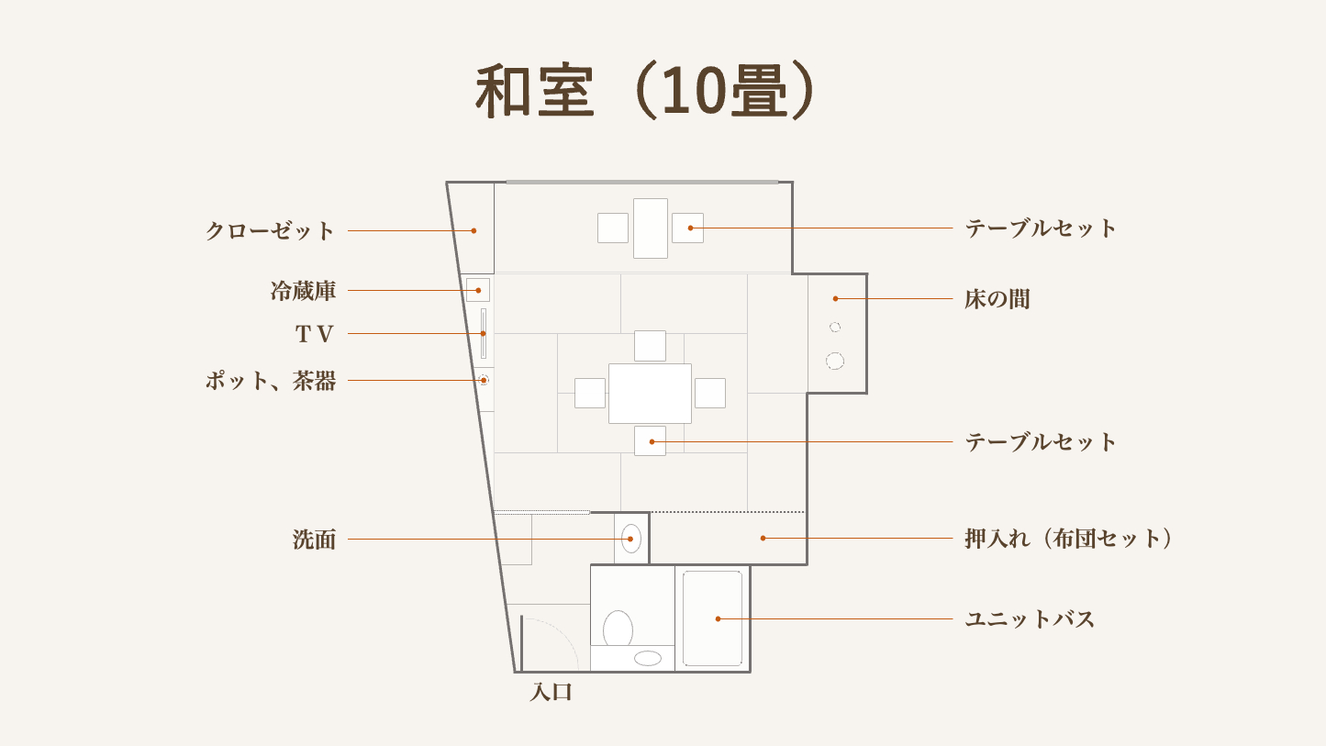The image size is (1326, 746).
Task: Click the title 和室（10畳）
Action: (x=646, y=91)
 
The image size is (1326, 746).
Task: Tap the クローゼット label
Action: (x=271, y=231)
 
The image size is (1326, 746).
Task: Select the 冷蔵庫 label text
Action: (x=303, y=291)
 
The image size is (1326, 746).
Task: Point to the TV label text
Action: (x=315, y=334)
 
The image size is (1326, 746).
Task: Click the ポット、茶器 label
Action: (x=271, y=381)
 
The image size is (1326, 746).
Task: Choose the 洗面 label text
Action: (x=315, y=540)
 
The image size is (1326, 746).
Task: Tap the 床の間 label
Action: (x=997, y=299)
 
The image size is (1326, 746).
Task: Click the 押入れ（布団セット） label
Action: (x=1068, y=539)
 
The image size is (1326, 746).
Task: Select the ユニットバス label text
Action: (x=1030, y=619)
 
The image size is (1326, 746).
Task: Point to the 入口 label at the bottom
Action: (x=552, y=692)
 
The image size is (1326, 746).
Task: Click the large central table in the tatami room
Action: (x=650, y=394)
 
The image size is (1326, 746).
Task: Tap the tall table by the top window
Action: (x=651, y=228)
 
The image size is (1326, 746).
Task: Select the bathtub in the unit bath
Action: (x=712, y=618)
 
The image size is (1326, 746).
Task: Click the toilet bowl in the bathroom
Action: (x=618, y=629)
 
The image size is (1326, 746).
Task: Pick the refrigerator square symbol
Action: (x=478, y=290)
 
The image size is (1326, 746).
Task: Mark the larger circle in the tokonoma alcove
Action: (x=835, y=361)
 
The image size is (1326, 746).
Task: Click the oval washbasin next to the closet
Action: (x=631, y=539)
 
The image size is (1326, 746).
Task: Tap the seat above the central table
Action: (x=650, y=346)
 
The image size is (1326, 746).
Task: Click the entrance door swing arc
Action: (x=562, y=632)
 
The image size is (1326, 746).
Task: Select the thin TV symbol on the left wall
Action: (x=484, y=333)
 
